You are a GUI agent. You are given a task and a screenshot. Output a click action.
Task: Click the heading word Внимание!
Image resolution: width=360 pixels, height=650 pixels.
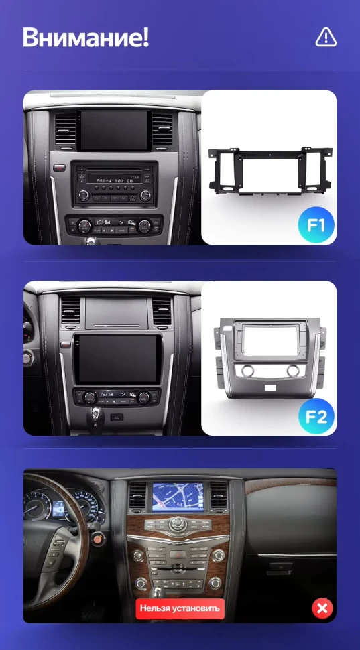coord(85,38)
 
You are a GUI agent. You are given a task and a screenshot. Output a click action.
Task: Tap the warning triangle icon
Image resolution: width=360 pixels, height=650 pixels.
coord(326,38)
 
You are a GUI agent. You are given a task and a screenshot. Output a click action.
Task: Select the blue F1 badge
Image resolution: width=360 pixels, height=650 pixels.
coord(316,226)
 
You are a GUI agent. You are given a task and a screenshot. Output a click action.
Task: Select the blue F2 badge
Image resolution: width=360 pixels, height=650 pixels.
coord(316,417)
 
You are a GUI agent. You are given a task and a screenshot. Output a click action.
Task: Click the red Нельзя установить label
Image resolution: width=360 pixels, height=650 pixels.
coord(179,608)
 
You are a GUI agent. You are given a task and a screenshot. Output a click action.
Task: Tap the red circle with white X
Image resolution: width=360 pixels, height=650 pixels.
coord(322,608)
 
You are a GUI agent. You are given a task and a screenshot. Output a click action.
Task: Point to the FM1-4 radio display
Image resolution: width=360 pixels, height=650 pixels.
coord(114,180)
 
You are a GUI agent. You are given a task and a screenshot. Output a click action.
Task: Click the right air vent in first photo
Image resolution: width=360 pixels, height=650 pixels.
coord(162,127)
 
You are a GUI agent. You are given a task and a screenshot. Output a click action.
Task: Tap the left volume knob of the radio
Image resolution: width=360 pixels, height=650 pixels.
coord(84,195)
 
